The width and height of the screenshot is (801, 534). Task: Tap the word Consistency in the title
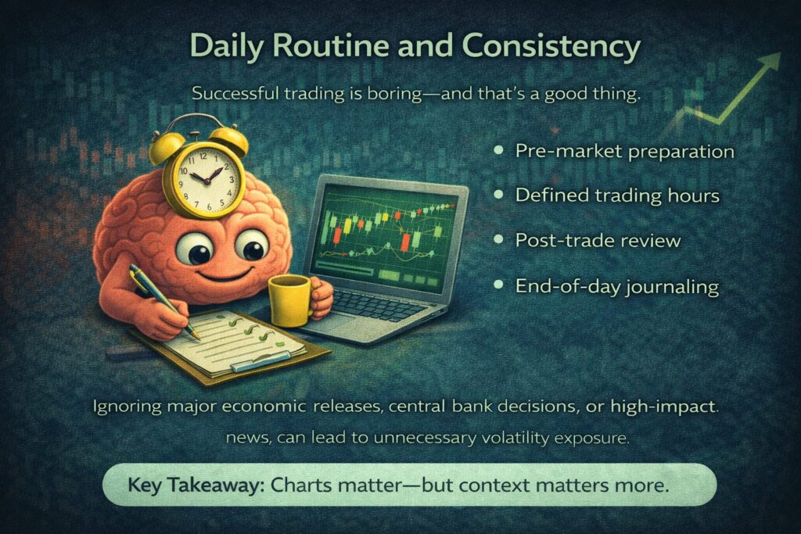(x=551, y=47)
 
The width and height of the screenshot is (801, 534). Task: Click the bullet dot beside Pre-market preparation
(x=499, y=151)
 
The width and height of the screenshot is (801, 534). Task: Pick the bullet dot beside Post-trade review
(x=499, y=239)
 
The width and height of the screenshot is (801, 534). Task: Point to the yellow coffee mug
(x=292, y=299)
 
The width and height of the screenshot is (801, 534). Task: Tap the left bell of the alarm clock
(x=166, y=145)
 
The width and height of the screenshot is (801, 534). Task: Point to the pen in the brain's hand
(x=163, y=301)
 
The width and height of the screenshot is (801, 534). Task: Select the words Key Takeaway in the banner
(x=196, y=484)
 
